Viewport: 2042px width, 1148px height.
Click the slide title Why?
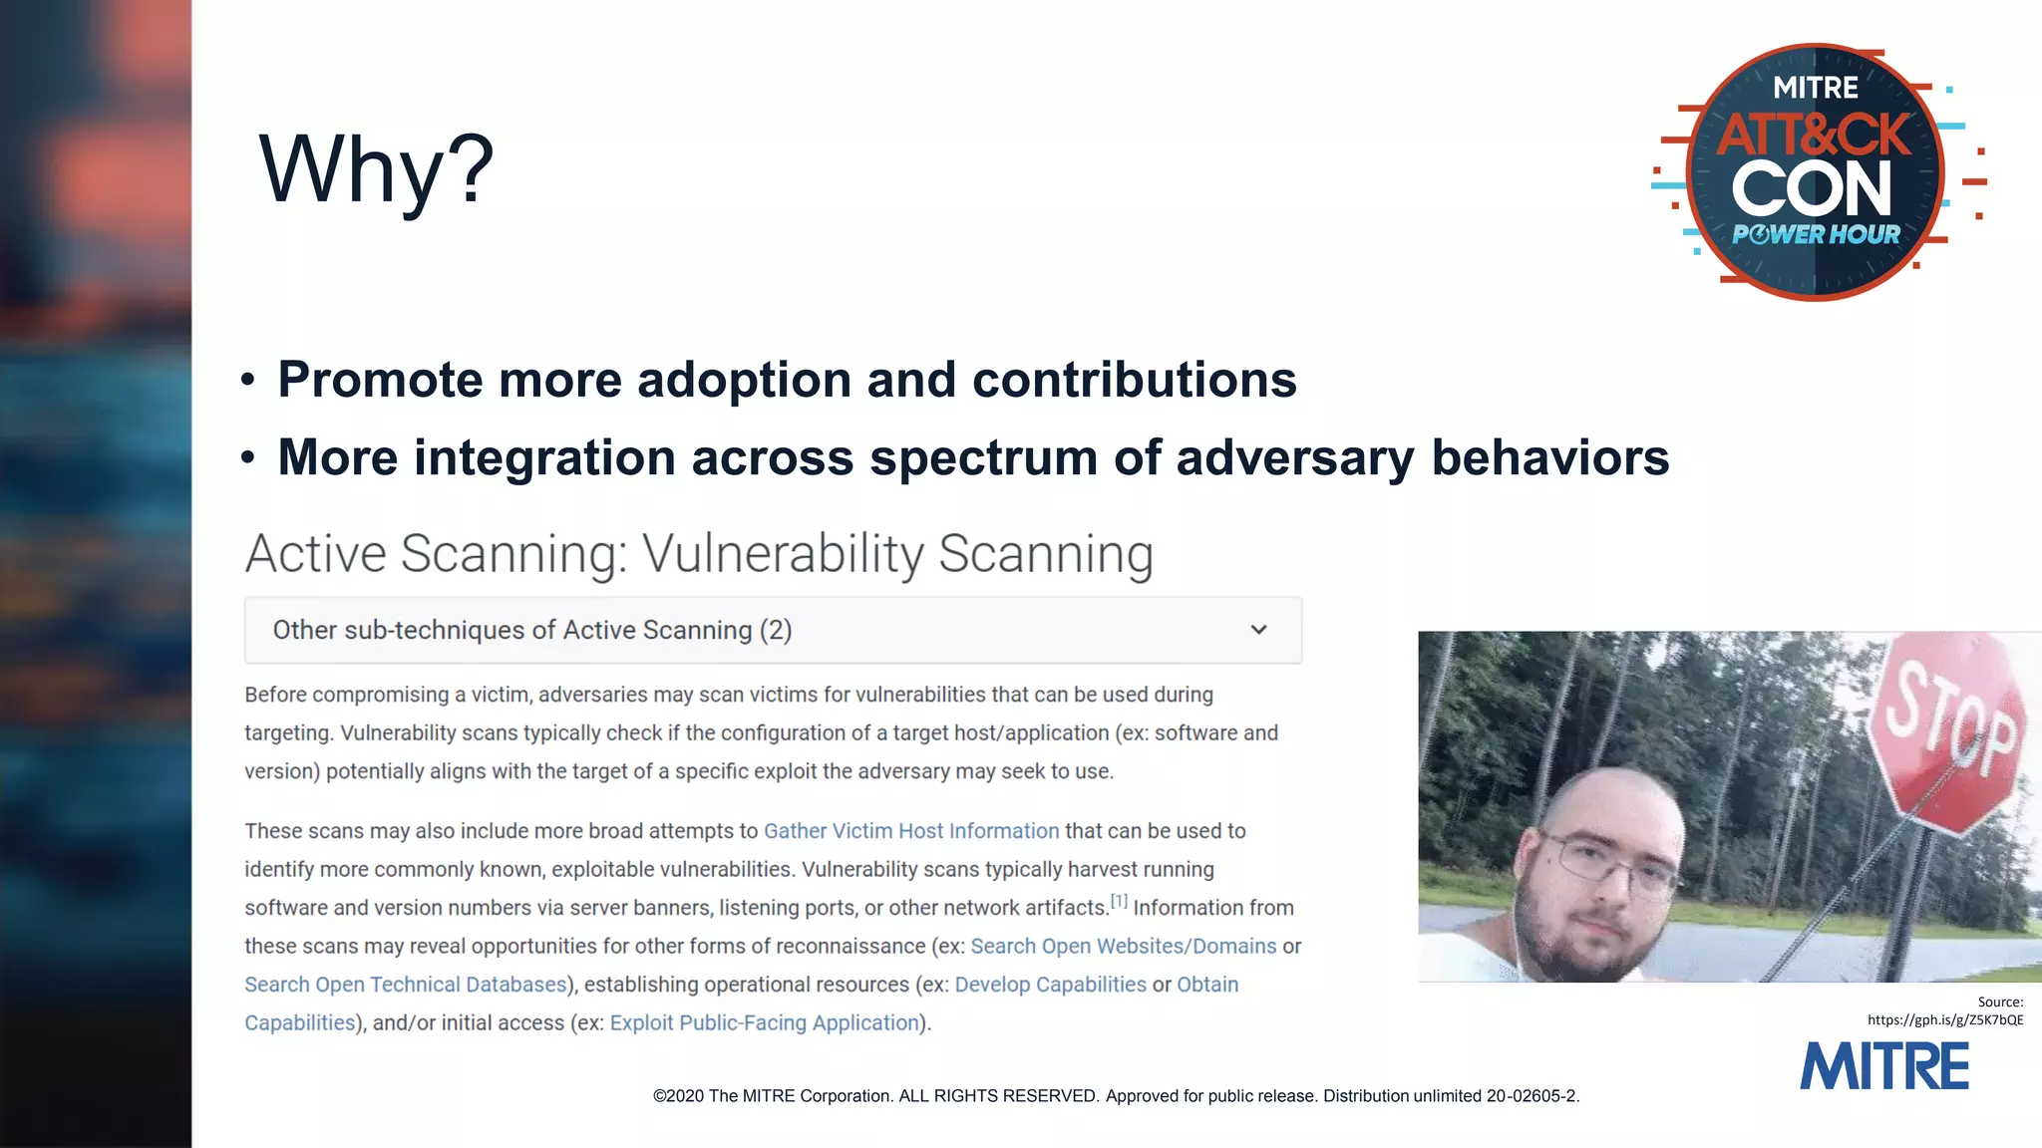pos(376,169)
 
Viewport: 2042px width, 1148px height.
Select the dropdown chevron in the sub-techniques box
pos(1258,630)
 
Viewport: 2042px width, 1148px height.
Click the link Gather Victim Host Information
pos(910,831)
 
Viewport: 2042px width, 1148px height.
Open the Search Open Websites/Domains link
pos(1123,946)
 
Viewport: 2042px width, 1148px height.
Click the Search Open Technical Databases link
pos(405,985)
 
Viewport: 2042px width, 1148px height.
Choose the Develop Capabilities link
pos(1050,985)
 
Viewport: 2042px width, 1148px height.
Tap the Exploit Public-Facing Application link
pos(764,1023)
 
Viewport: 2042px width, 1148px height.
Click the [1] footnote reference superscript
pos(1119,901)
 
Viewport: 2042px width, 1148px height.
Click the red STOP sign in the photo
pos(1949,732)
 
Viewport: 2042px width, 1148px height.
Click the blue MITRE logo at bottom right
pos(1883,1066)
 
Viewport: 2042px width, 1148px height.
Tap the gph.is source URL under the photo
pos(1944,1019)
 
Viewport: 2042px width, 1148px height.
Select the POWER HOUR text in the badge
pos(1816,235)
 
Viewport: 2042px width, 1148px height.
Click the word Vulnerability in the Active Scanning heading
pos(783,554)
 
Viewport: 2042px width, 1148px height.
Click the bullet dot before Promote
pos(248,381)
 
